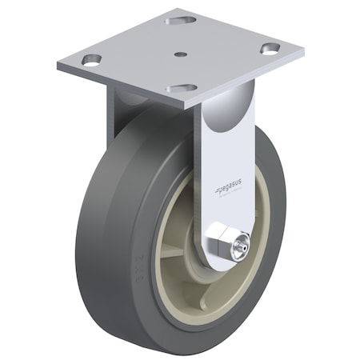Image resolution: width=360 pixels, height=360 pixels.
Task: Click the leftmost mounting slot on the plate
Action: (92, 59)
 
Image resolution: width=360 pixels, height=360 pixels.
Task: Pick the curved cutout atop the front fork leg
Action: (226, 120)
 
